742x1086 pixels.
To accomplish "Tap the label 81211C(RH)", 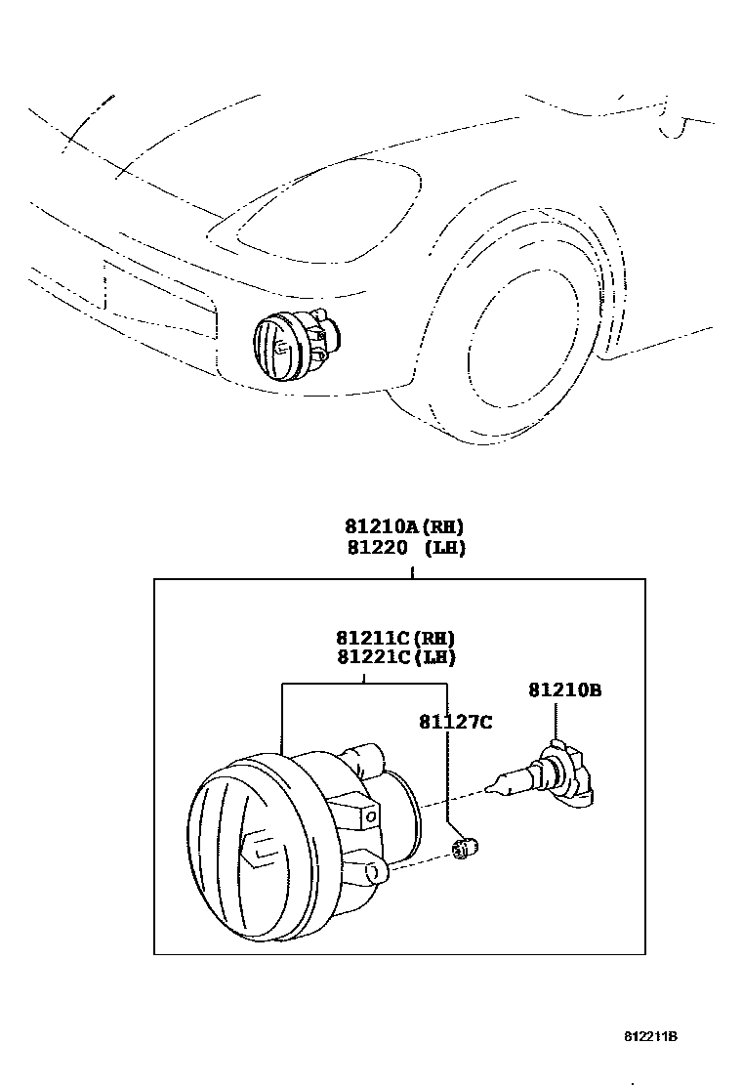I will (395, 638).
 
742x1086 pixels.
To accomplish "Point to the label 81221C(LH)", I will (395, 657).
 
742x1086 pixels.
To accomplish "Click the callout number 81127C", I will (455, 722).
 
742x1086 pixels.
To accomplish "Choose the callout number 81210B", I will (564, 690).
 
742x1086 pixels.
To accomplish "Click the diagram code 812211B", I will (651, 1036).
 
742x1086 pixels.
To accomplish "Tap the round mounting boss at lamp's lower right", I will (377, 870).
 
